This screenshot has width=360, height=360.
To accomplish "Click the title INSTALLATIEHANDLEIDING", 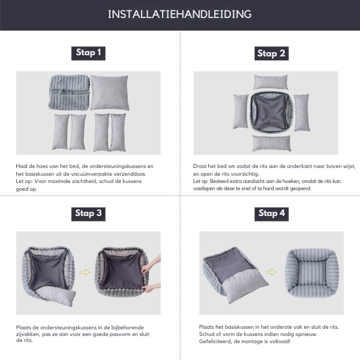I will (x=179, y=14).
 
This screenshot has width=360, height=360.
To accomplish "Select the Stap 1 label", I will (x=88, y=53).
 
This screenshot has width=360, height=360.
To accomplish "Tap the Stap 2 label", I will (x=271, y=53).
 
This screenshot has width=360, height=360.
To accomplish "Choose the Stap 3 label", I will (x=88, y=213).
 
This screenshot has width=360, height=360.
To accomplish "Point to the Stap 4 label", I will (x=272, y=213).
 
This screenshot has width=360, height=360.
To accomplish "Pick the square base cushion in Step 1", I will (x=109, y=93).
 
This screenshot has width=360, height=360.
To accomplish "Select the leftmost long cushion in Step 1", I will (x=60, y=131).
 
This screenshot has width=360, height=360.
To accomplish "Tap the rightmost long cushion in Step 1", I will (x=119, y=131).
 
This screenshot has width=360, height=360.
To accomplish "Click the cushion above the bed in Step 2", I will (x=271, y=82).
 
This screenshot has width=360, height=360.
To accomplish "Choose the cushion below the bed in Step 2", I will (x=271, y=143).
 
